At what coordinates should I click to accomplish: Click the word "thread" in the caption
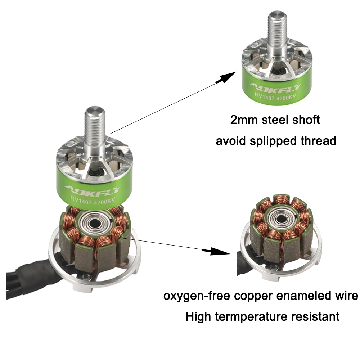(x=317, y=140)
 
